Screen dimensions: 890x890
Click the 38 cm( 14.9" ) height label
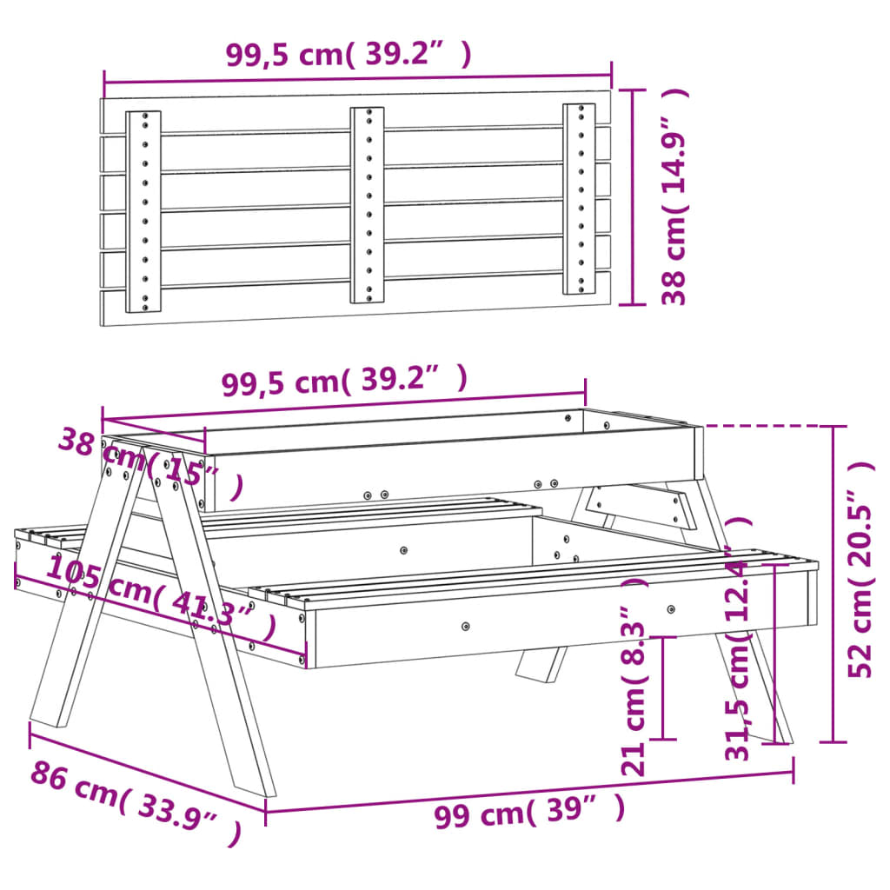point(675,196)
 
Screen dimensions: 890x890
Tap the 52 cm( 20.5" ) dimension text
point(861,569)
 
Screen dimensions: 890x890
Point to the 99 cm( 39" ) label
point(529,814)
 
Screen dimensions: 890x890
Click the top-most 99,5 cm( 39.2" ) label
point(349,55)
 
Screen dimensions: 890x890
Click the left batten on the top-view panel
point(143,211)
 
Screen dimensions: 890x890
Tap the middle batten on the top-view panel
point(367,205)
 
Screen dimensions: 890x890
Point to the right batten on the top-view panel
point(579,199)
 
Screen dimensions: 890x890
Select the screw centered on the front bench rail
point(466,626)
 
